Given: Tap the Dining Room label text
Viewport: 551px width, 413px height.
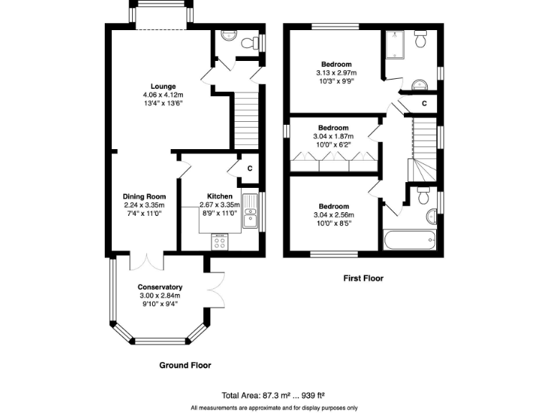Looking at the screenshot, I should click(x=146, y=196).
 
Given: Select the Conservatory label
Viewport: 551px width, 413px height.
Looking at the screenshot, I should click(x=160, y=287).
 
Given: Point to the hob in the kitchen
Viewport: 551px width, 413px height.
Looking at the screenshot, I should click(x=220, y=242).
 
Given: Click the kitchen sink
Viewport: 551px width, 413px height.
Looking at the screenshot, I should click(x=249, y=213).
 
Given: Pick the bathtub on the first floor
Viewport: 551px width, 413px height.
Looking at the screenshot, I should click(x=409, y=239).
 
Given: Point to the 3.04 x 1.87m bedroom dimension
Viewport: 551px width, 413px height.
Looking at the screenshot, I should click(x=333, y=136).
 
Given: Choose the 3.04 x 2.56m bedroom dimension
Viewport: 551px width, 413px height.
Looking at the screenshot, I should click(x=333, y=214).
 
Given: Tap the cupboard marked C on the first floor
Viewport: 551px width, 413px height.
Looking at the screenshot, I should click(x=424, y=104).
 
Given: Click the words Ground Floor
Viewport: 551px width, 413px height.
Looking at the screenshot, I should click(x=184, y=365).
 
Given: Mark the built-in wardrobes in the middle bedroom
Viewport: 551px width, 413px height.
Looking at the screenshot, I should click(x=333, y=165).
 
